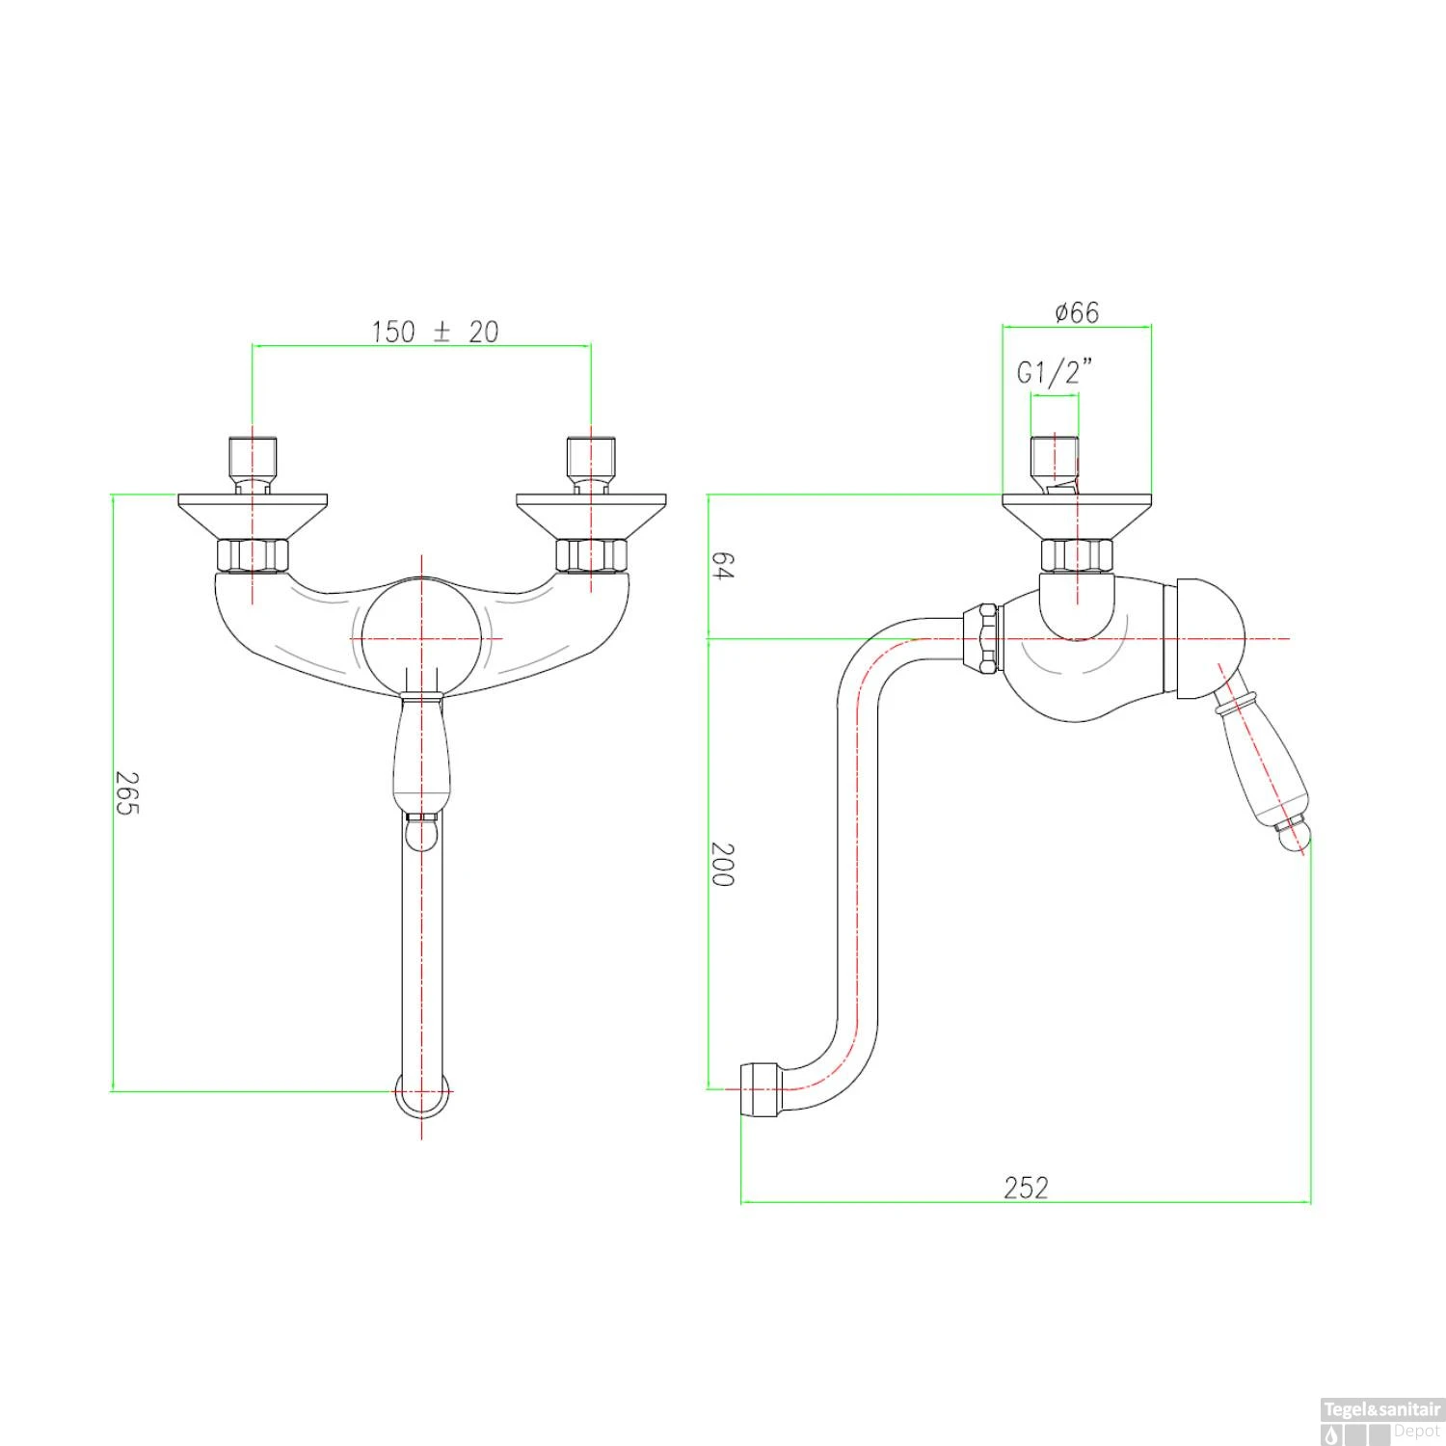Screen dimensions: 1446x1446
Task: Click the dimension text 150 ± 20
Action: coord(435,332)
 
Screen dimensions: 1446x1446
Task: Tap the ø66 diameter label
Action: coord(1076,312)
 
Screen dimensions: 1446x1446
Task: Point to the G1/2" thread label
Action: coord(1055,371)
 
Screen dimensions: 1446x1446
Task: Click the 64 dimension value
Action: coord(722,566)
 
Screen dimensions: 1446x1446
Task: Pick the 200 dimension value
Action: coord(722,864)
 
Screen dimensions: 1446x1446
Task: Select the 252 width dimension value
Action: coord(1025,1187)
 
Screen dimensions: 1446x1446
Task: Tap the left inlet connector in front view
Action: coord(253,461)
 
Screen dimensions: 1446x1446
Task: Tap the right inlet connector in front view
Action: coord(591,461)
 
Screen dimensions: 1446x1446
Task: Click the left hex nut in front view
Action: coord(253,555)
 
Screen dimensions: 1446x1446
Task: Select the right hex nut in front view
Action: coord(591,555)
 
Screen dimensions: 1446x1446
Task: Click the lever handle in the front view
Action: coord(421,752)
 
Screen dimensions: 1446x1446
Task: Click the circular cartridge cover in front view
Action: coord(421,638)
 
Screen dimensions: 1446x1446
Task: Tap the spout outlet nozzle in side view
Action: coord(759,1089)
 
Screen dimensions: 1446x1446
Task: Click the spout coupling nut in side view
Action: coord(981,637)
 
